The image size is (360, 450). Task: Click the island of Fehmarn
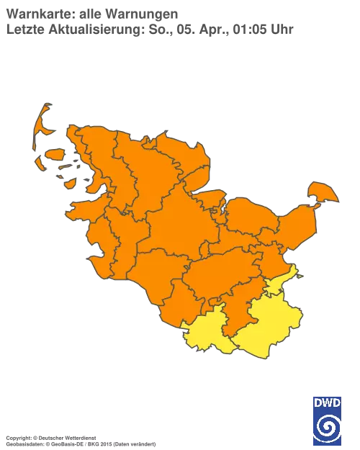click(321, 193)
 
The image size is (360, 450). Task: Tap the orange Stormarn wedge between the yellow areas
click(234, 317)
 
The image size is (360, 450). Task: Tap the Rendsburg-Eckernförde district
click(176, 216)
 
